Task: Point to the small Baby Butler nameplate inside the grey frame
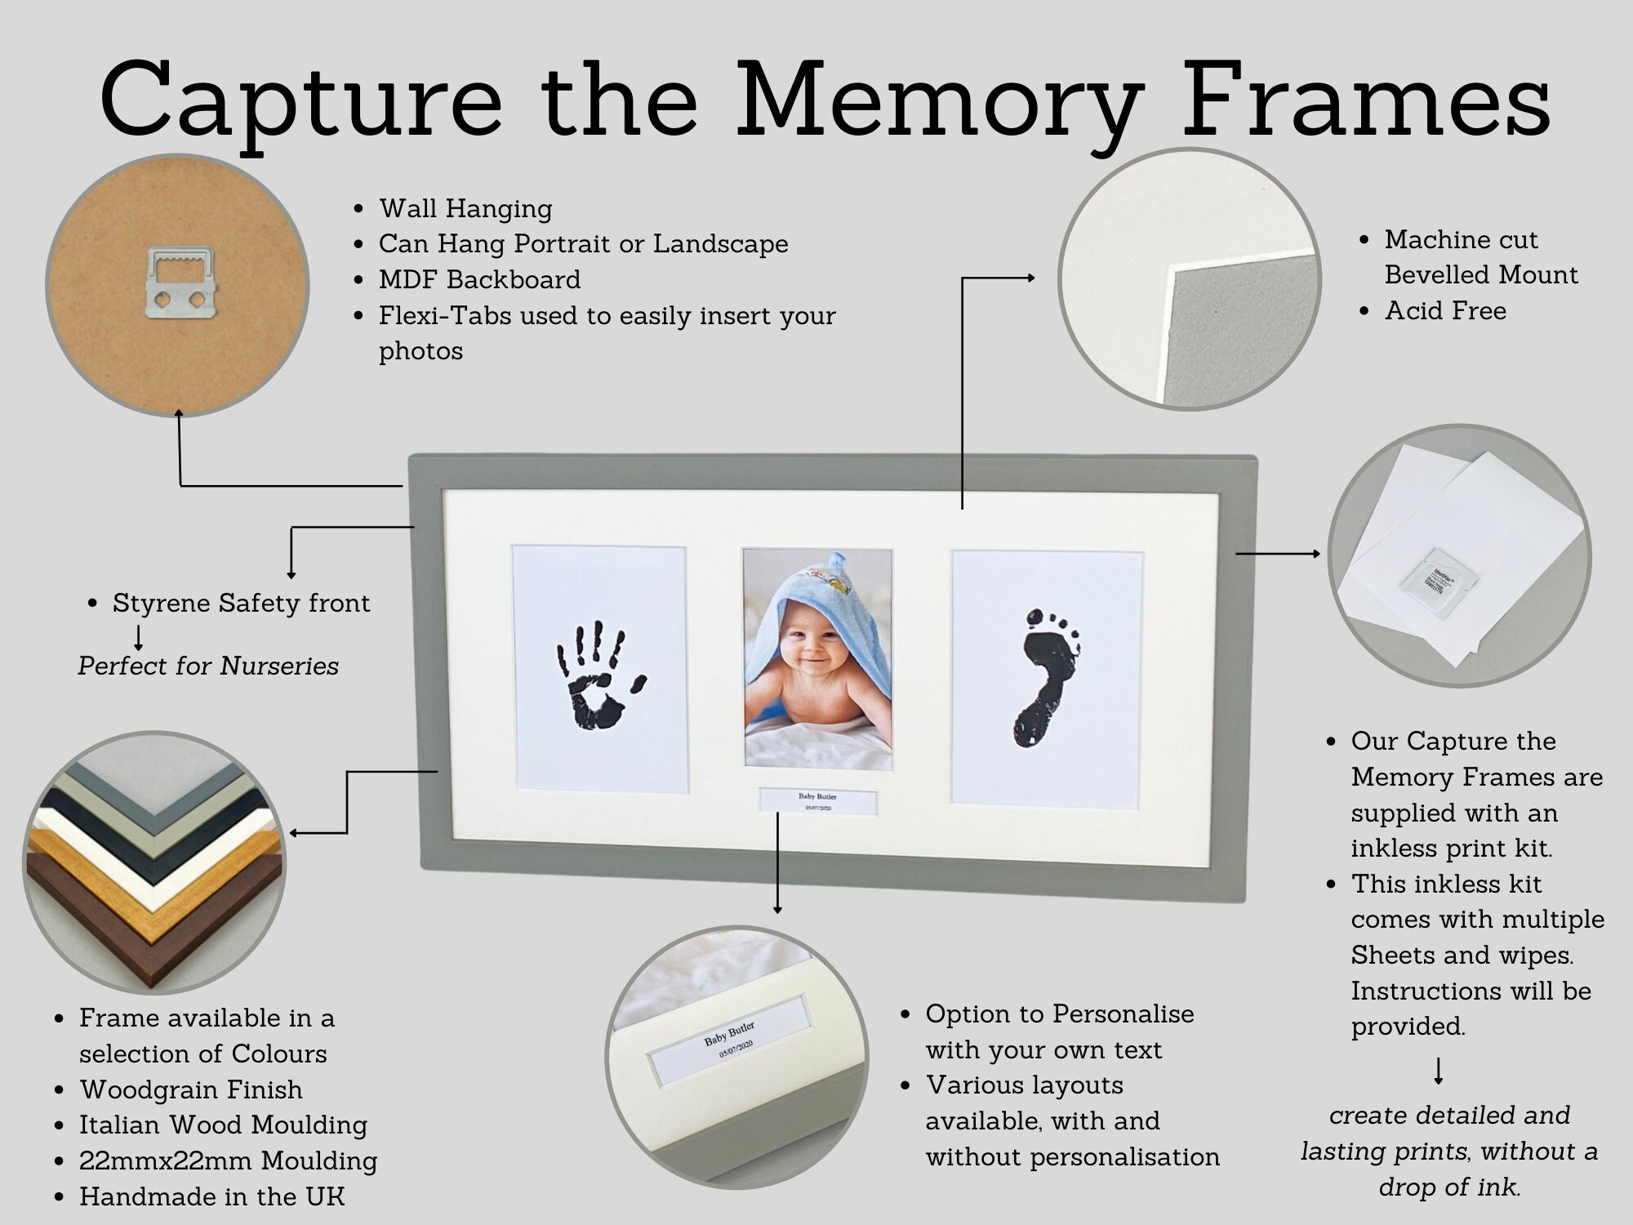(817, 800)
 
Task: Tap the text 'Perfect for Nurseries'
(208, 666)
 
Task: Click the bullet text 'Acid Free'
(1445, 311)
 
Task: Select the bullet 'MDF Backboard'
(479, 279)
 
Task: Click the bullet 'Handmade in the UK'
(211, 1196)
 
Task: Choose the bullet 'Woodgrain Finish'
(190, 1089)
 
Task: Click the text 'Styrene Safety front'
(241, 604)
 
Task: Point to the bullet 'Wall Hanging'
(465, 208)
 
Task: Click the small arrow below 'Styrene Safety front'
(139, 637)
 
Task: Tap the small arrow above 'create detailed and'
(1439, 1071)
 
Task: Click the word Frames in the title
(1365, 102)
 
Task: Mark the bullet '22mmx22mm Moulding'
(228, 1160)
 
